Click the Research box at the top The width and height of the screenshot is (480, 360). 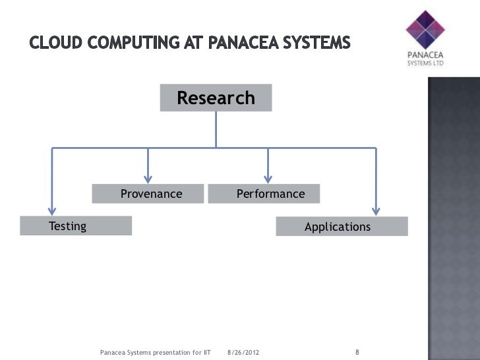pyautogui.click(x=215, y=99)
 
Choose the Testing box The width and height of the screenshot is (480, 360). pyautogui.click(x=76, y=226)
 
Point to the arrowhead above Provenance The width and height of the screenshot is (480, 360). pyautogui.click(x=148, y=176)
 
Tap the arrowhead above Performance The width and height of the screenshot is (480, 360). pyautogui.click(x=267, y=176)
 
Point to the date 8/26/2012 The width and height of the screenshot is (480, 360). pyautogui.click(x=243, y=353)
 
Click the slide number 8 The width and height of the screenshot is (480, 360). pyautogui.click(x=357, y=351)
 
